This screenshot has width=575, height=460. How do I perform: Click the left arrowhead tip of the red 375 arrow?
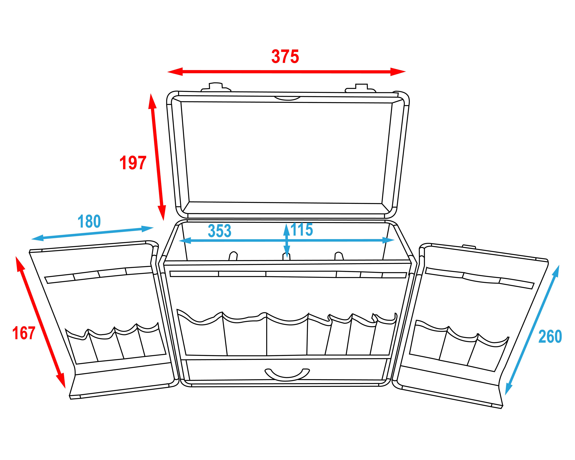[x=167, y=71]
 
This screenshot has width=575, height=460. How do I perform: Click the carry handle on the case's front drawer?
[x=287, y=374]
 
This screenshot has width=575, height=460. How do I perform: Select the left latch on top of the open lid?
[x=216, y=87]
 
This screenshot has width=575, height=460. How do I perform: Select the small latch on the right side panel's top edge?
[x=469, y=247]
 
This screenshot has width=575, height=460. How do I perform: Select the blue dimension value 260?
[x=550, y=337]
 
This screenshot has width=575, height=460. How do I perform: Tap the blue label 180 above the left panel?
[x=89, y=221]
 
